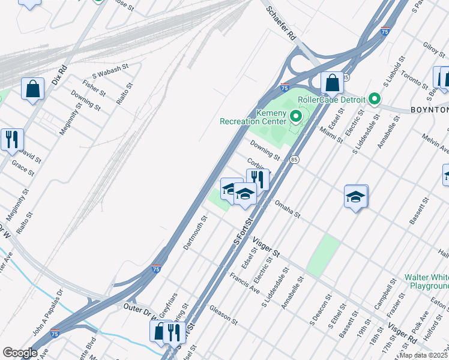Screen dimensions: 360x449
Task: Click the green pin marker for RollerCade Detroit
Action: click(375, 98)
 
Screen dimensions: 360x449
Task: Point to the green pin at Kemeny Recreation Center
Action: click(295, 116)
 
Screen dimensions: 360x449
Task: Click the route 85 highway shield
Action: click(294, 160)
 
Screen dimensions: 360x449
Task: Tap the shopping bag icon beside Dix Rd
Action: click(33, 88)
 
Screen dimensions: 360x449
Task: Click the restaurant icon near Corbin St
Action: click(258, 178)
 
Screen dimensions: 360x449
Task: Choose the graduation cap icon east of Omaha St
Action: click(355, 196)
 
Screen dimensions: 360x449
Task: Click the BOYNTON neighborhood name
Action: click(429, 110)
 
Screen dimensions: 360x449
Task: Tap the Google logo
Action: click(20, 353)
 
